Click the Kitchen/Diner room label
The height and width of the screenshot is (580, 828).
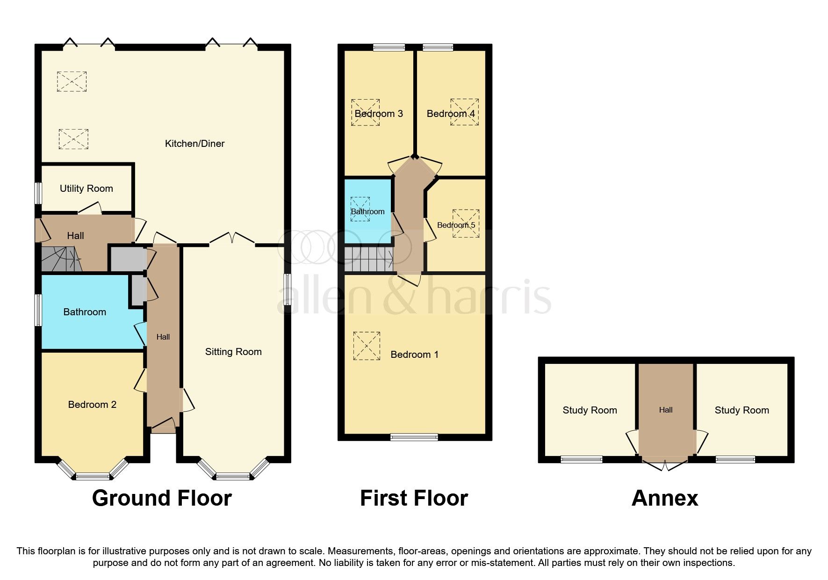point(194,144)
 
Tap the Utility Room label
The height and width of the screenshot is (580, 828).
point(86,188)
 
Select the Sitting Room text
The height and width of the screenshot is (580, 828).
point(233,352)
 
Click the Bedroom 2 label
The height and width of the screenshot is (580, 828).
point(92,405)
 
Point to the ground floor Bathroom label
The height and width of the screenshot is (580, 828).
point(85,312)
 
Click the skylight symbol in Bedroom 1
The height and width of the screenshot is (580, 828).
point(367,346)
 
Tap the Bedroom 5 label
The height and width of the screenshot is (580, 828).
point(456,225)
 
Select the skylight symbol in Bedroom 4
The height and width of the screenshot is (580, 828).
point(464,112)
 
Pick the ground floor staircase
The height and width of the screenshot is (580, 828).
point(60,260)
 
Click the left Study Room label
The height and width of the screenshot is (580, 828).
point(590,410)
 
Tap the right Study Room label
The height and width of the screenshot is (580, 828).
point(742,410)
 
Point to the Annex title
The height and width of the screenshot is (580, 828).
point(664,499)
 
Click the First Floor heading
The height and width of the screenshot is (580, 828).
point(414,499)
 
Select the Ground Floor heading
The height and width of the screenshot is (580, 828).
point(162,499)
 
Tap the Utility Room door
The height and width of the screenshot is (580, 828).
point(90,208)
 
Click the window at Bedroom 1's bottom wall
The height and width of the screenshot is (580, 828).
point(414,437)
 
